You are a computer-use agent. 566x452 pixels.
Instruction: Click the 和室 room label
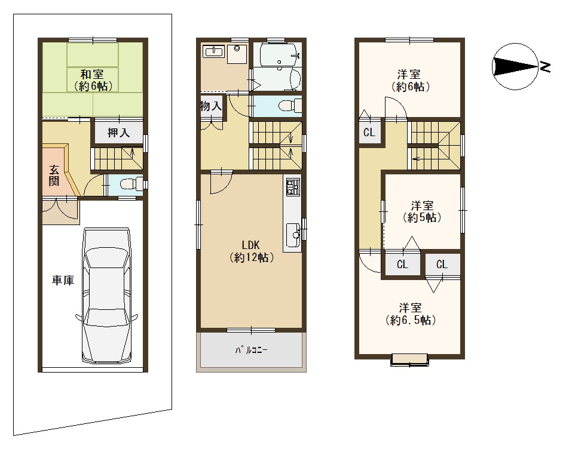(92, 80)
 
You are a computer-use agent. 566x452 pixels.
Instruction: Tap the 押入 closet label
(118, 133)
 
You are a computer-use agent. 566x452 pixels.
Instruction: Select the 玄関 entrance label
(54, 175)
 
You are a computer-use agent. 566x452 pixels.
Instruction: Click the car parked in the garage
(106, 296)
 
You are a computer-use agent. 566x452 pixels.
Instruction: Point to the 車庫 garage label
(63, 280)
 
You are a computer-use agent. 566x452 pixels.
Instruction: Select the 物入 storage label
(211, 106)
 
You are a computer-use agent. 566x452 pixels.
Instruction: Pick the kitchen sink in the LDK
(292, 232)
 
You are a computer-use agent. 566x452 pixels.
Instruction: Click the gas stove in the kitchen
(293, 187)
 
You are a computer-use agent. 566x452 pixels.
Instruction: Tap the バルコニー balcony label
(252, 349)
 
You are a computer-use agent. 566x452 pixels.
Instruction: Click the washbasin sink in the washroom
(215, 51)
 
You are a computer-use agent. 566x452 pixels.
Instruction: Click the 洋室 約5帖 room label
(422, 211)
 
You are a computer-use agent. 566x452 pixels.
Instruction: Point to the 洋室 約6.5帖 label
(411, 314)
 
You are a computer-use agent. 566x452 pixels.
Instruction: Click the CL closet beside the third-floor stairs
(369, 133)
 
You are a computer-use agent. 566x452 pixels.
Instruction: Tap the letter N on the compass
(545, 66)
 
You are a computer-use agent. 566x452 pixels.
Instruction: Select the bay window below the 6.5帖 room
(410, 359)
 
